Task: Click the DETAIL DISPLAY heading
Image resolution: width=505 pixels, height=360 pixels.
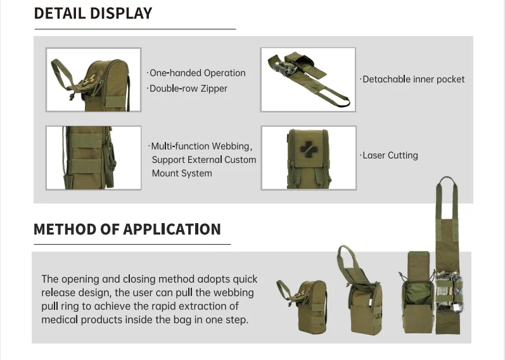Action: coord(93,13)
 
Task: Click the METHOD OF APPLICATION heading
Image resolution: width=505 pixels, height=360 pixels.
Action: coord(127,229)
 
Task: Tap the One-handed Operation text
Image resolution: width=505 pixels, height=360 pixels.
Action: coord(197,73)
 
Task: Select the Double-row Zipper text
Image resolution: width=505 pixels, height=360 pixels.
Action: coord(188,89)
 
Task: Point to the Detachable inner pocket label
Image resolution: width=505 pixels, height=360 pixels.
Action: coord(413,79)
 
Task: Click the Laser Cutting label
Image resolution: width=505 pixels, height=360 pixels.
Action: coord(390,155)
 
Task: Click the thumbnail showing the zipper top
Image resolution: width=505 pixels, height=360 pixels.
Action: coord(94,80)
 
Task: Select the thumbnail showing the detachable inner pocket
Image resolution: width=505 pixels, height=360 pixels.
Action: coord(308,80)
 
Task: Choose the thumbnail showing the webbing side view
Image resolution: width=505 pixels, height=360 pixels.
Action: coord(94,158)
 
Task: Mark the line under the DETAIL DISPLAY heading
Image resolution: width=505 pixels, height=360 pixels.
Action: coord(134,29)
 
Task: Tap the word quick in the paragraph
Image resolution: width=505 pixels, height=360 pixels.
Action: coord(245,280)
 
